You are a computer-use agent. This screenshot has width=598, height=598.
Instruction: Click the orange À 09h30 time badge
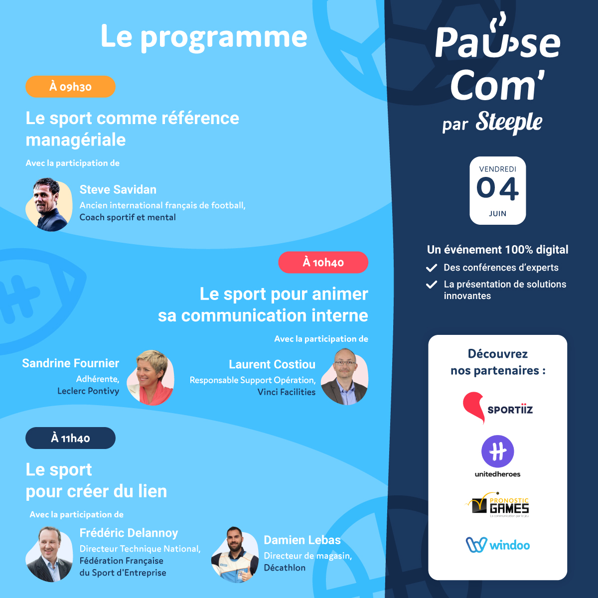tap(70, 87)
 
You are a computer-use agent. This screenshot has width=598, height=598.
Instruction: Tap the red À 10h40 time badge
tap(323, 263)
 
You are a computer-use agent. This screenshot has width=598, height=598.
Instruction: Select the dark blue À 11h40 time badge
tap(70, 439)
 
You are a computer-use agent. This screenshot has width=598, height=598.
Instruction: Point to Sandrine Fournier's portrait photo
tap(150, 377)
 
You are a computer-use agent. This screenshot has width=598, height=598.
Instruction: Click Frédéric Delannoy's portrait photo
tap(49, 554)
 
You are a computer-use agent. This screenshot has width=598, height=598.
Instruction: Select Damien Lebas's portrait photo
tap(235, 554)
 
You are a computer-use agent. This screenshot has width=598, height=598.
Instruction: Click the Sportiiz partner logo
tap(497, 408)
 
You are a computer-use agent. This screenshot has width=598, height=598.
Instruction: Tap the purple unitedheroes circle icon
tap(497, 451)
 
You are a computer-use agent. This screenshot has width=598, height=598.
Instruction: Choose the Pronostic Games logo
tap(497, 505)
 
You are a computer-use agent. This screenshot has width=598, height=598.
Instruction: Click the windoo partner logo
tap(497, 545)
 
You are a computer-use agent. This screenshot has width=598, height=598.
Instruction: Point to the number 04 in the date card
tap(497, 189)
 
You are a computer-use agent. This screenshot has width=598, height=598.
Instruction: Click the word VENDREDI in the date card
tap(497, 169)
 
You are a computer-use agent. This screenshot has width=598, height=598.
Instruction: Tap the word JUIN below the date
tap(497, 214)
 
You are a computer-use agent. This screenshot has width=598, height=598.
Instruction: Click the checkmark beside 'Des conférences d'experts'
tap(432, 268)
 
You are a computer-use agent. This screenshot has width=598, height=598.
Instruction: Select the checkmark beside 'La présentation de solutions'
tap(432, 285)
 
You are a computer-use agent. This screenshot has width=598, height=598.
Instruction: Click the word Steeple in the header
tap(509, 122)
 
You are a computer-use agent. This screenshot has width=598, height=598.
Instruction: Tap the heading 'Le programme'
tap(204, 37)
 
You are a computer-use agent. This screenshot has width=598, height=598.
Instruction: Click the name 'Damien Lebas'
tap(302, 540)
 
